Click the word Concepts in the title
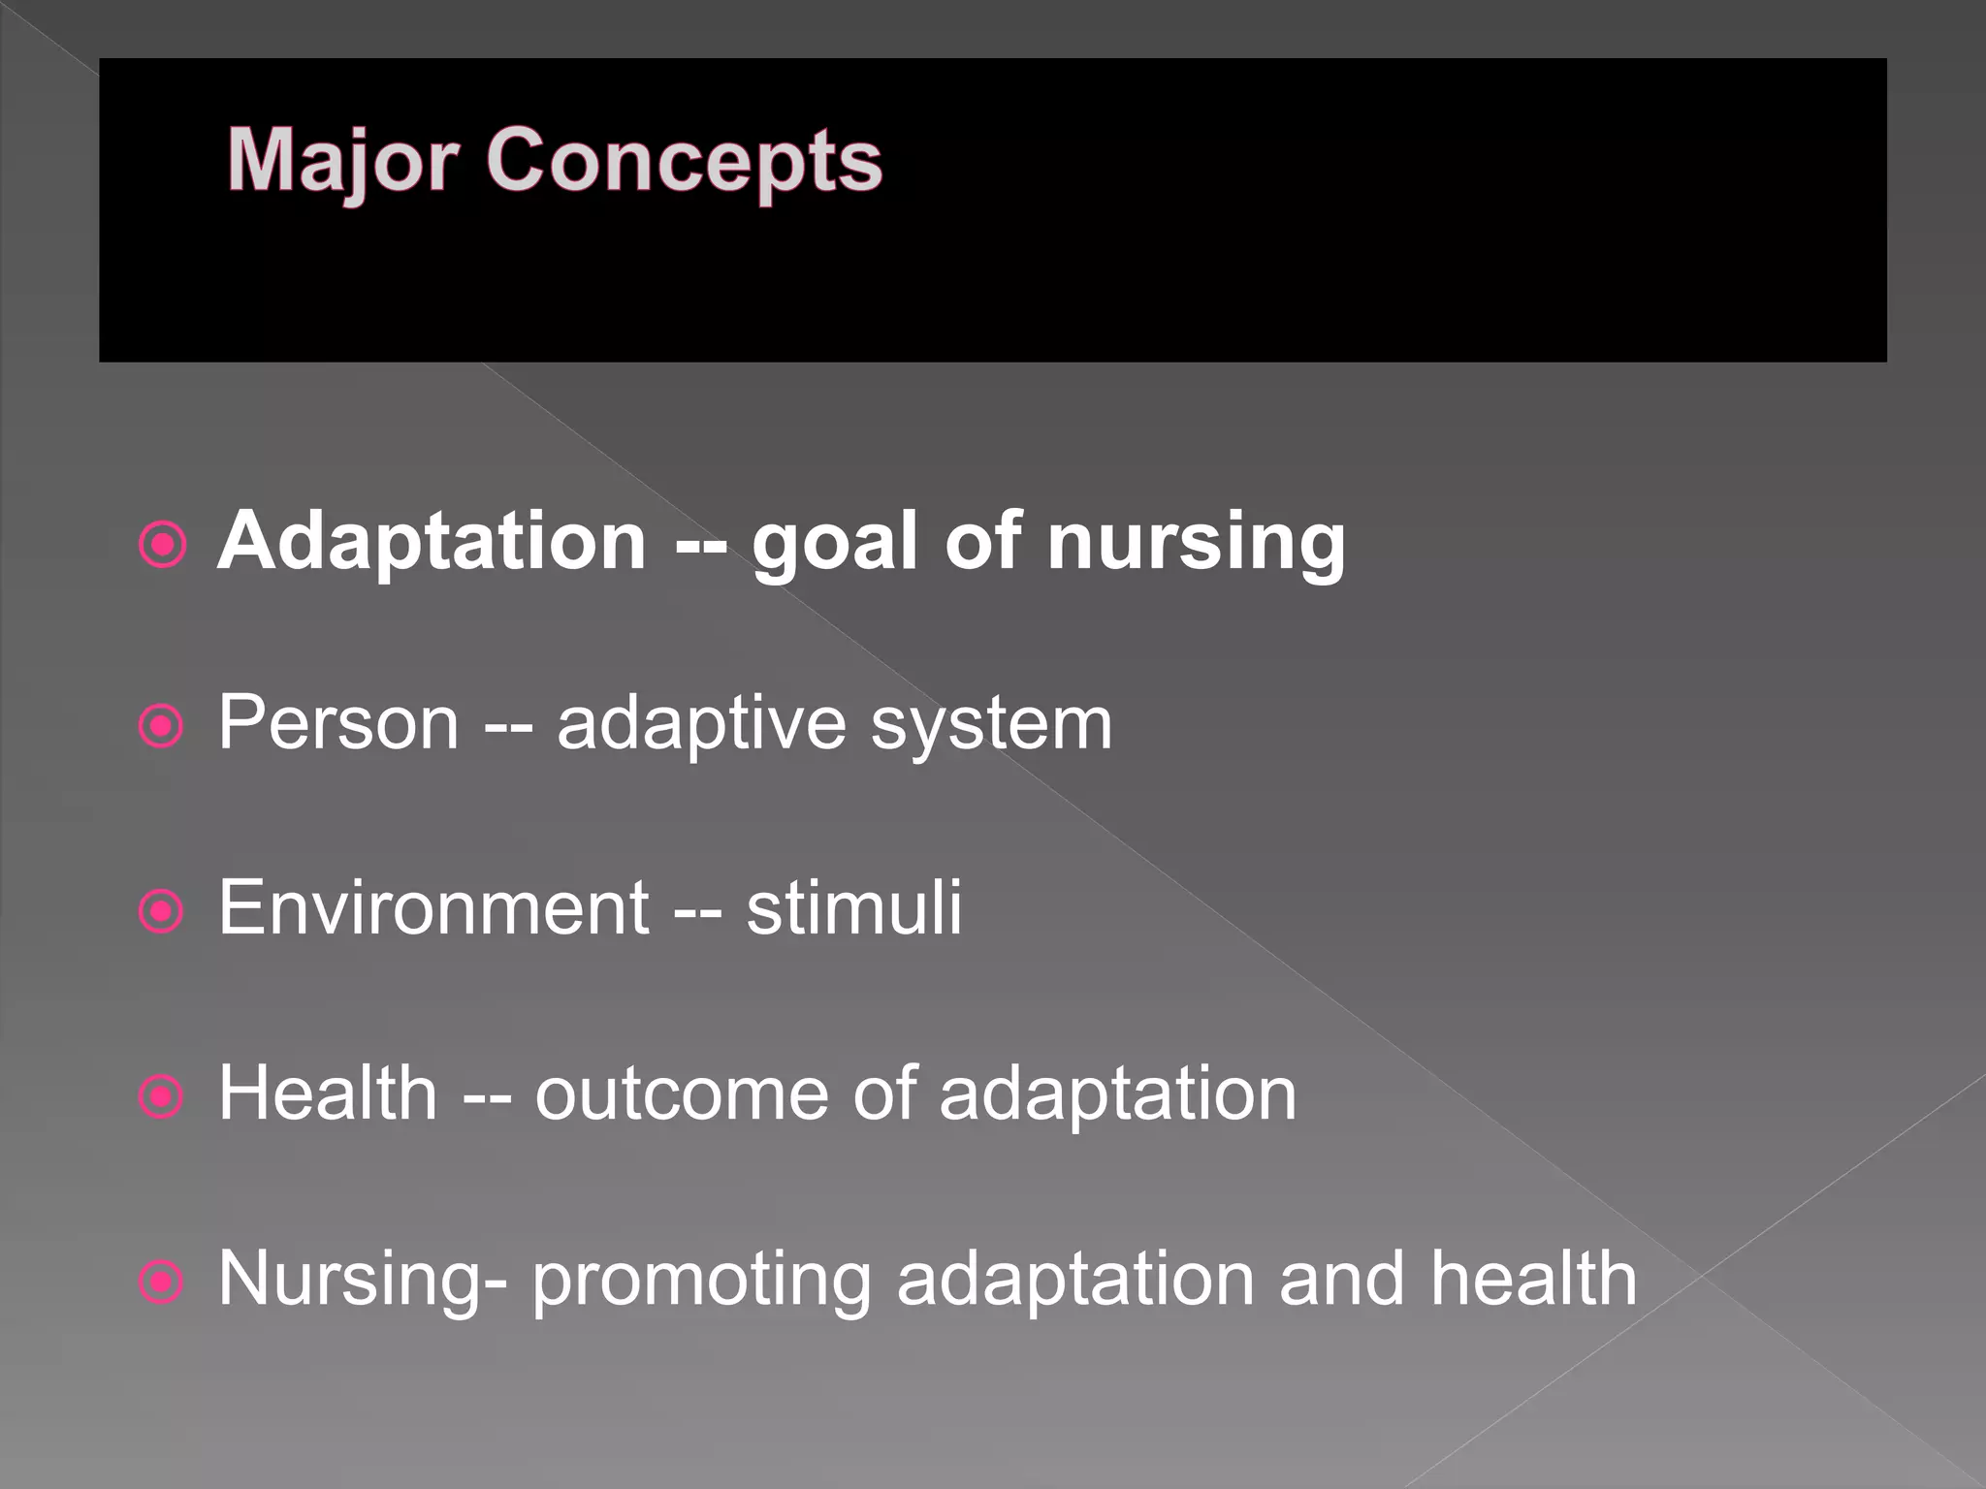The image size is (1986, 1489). click(x=683, y=160)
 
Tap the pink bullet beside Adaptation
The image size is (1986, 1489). click(x=162, y=545)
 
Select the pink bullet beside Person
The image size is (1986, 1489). click(x=162, y=726)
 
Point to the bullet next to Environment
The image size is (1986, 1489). click(x=162, y=911)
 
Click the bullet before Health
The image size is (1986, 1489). click(x=162, y=1097)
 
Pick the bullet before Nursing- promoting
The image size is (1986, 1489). click(x=162, y=1283)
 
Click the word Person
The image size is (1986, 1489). click(x=337, y=723)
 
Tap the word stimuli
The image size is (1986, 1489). click(x=853, y=907)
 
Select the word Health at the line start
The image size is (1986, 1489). click(x=328, y=1093)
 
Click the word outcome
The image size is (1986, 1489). click(x=681, y=1093)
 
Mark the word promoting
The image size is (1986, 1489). click(x=702, y=1280)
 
